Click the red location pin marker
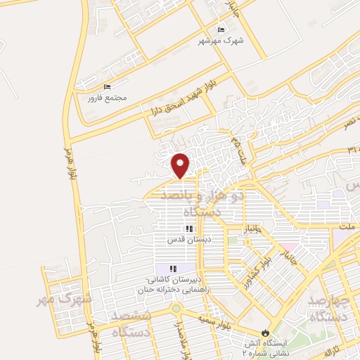(181, 165)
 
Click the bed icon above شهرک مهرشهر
(221, 30)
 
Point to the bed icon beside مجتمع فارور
(107, 87)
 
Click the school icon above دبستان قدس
(188, 229)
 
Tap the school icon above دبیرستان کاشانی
(173, 269)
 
